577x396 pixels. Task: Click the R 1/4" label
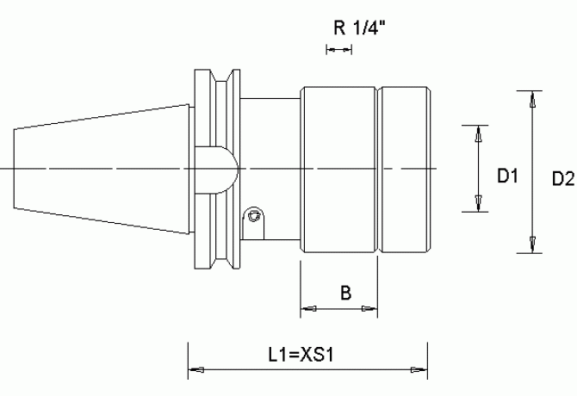359,28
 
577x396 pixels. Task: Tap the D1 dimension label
507,176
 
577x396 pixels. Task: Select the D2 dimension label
563,179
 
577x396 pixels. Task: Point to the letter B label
345,293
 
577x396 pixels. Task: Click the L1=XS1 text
301,356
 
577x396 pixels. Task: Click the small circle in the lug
253,215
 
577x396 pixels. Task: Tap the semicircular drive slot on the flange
217,170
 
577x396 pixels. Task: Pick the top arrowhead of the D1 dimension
478,133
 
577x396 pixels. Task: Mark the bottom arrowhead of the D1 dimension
478,203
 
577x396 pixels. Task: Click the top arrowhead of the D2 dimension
532,99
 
